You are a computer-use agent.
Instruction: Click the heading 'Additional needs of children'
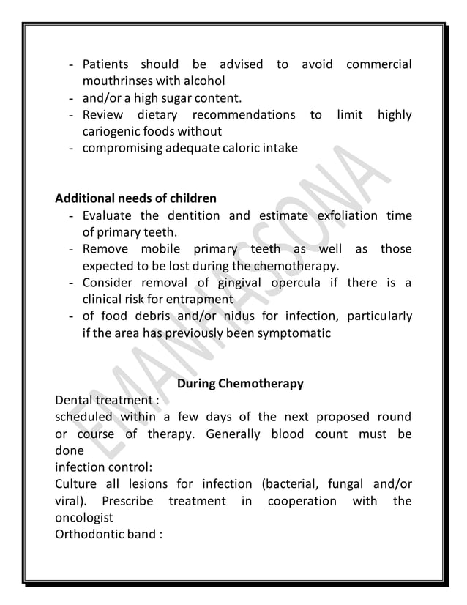[135, 198]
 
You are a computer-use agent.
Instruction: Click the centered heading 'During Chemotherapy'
[240, 384]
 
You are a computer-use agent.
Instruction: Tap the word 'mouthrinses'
[116, 81]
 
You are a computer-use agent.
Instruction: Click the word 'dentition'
[193, 215]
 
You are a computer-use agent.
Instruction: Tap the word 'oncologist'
[86, 518]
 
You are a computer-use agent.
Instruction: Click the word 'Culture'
[78, 484]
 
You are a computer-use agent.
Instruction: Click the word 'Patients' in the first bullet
[105, 64]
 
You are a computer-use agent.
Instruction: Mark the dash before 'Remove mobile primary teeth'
[70, 249]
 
